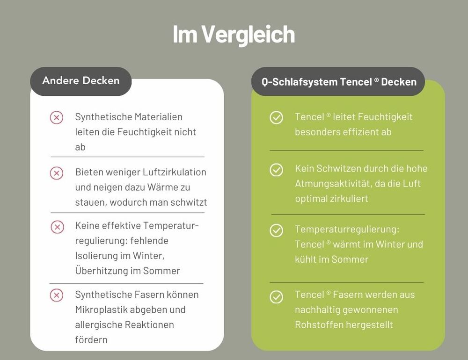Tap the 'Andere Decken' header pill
coord(81,81)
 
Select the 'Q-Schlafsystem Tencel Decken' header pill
coord(338,81)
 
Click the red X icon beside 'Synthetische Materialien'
coord(57,117)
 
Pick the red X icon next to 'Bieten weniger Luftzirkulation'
coord(57,173)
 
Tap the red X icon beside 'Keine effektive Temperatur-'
coord(57,227)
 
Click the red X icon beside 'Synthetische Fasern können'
coord(57,295)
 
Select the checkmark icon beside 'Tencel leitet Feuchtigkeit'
coord(277,117)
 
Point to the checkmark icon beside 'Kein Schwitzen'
coord(277,170)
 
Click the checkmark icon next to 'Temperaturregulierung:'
coord(277,230)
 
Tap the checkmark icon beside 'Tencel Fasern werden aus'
coord(277,297)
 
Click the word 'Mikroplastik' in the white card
coord(101,310)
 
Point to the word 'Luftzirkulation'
coord(174,172)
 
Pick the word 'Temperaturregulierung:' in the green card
coord(347,230)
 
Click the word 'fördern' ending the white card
coord(91,340)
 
